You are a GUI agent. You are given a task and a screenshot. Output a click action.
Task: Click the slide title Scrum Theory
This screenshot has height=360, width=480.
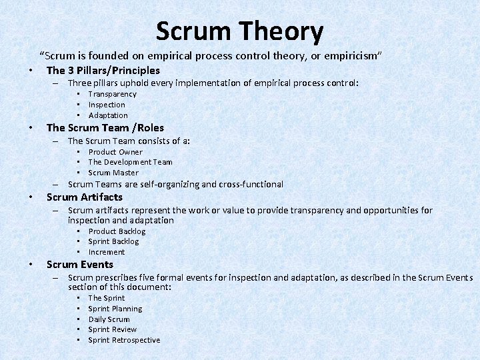pos(239,31)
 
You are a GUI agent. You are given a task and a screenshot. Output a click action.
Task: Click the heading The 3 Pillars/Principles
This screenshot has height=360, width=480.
pos(103,70)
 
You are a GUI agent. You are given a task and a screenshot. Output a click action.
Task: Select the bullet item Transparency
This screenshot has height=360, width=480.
pos(112,94)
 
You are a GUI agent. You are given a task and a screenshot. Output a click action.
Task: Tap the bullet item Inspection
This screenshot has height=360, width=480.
pos(107,105)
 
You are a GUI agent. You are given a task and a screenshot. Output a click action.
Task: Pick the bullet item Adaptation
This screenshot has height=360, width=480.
pos(108,115)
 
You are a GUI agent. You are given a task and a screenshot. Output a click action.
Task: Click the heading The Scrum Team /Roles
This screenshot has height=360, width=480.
pos(105,127)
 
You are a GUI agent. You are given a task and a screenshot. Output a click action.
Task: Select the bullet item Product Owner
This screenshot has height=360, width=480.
pos(115,152)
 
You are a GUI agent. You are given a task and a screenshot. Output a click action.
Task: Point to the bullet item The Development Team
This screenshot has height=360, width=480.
pos(130,162)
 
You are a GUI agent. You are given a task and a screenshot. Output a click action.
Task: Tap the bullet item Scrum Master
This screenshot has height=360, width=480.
pos(113,173)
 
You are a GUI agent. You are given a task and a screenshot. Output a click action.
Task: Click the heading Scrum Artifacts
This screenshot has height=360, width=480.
pos(85,197)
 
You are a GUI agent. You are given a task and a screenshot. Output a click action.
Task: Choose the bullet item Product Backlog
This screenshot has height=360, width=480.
pos(117,231)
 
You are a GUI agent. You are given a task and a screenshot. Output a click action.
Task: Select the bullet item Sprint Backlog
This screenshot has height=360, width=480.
pos(113,241)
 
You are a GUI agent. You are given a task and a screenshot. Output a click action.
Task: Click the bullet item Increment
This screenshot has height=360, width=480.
pos(107,252)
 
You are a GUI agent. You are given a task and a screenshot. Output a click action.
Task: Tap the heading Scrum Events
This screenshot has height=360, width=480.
pos(80,264)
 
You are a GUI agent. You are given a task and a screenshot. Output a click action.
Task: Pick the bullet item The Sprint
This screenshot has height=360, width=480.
pos(107,298)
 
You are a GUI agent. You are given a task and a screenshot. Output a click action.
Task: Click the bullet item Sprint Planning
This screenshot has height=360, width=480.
pos(115,309)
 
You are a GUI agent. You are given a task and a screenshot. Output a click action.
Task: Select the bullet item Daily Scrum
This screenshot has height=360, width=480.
pos(109,319)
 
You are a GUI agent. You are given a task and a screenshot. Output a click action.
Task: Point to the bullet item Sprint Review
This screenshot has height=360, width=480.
pos(113,329)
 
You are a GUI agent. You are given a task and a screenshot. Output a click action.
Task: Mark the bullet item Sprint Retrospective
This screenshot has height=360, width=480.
pos(124,340)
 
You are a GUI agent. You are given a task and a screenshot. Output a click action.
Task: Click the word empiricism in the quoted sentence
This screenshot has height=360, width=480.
pos(351,54)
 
